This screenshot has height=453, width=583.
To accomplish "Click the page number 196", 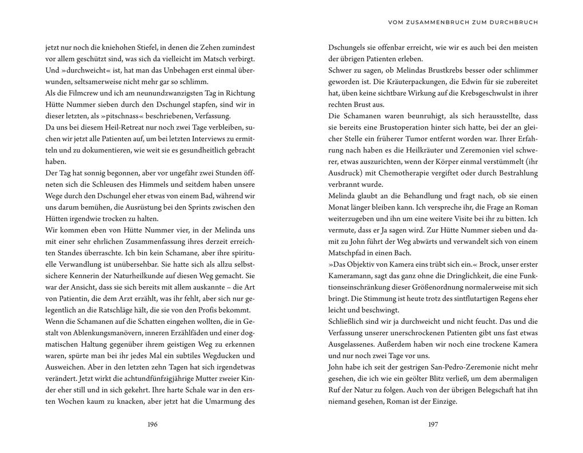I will coord(152,424).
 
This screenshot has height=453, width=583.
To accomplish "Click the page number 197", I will coord(433,424).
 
